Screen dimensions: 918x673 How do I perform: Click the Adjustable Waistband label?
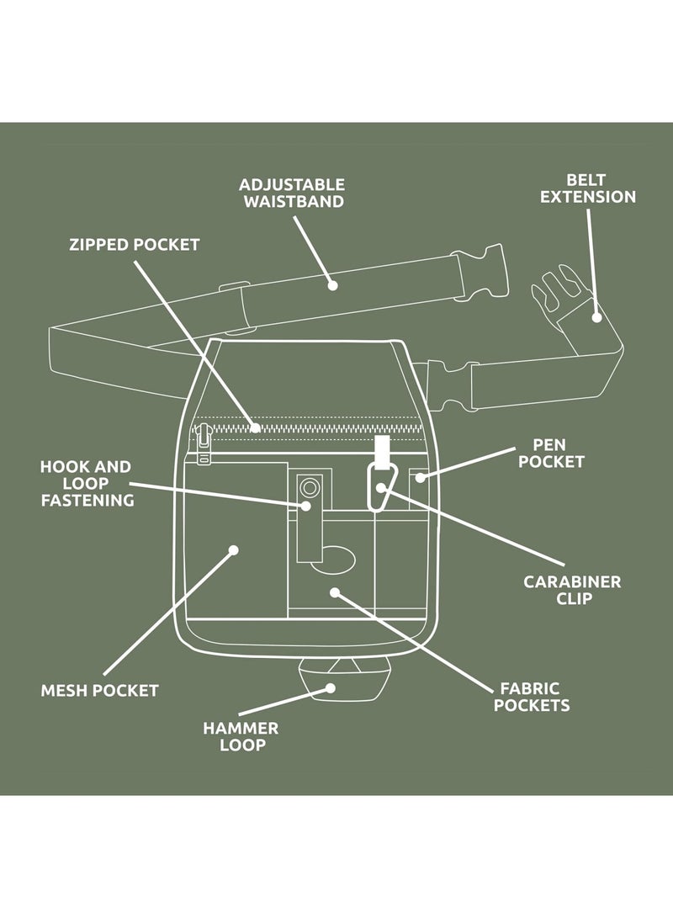(x=291, y=193)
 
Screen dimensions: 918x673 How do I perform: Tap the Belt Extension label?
(x=587, y=188)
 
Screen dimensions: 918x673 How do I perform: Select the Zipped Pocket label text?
(x=135, y=245)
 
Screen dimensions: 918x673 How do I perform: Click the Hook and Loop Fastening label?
(x=87, y=483)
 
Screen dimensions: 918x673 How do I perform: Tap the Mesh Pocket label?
(x=99, y=691)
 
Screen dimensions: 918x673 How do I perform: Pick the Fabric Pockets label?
(x=531, y=697)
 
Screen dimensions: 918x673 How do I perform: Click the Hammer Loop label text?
(x=240, y=736)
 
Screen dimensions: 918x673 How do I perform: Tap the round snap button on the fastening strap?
(x=310, y=487)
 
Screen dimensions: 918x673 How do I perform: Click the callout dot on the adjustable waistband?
(x=332, y=285)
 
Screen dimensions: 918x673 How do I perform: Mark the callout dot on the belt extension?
(x=596, y=317)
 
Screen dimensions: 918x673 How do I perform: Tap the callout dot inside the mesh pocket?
(x=234, y=550)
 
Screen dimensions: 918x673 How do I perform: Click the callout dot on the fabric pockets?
(x=334, y=592)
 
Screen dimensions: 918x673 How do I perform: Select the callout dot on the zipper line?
(x=255, y=427)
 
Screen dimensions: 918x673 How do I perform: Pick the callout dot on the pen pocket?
(x=420, y=479)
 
